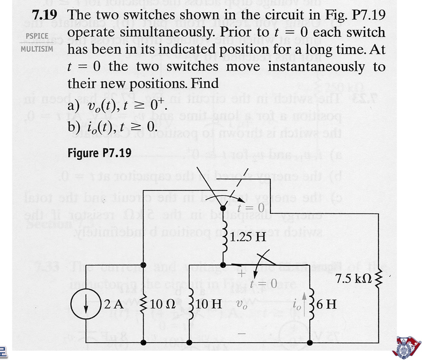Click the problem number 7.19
tap(44, 15)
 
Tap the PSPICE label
tap(37, 36)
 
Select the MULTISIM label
tap(37, 49)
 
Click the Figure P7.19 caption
tap(99, 153)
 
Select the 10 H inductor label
tap(209, 304)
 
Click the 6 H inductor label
tap(326, 304)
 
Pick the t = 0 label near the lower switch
tap(263, 283)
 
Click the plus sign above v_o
tap(241, 274)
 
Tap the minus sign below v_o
tap(241, 334)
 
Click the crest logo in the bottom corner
tap(407, 347)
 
